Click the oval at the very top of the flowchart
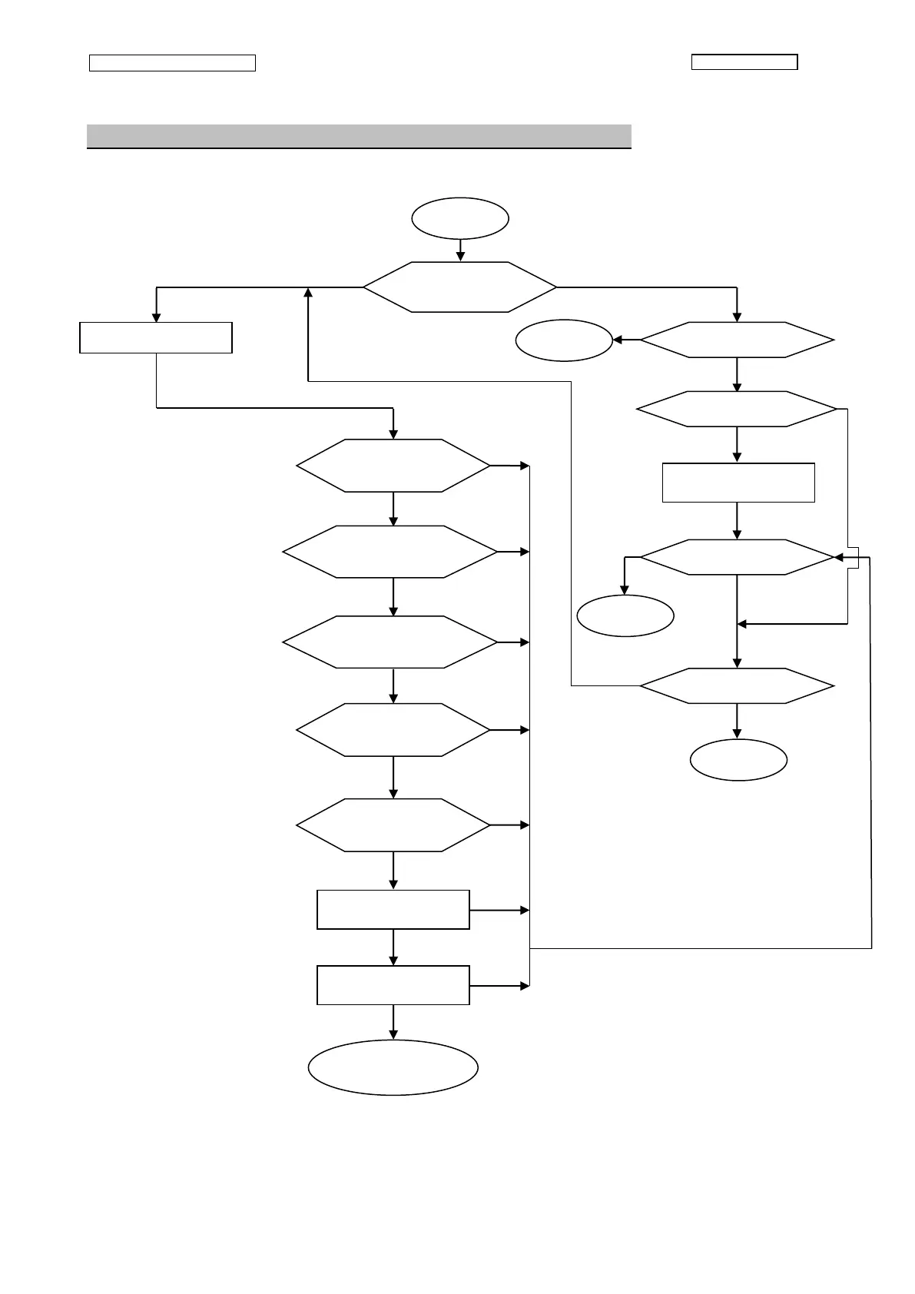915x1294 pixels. tap(459, 218)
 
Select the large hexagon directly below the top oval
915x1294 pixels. tap(459, 287)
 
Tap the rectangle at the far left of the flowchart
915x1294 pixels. tap(156, 337)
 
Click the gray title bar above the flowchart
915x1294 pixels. tap(359, 136)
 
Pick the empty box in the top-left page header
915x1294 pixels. tap(172, 63)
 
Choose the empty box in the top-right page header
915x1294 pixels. tap(744, 62)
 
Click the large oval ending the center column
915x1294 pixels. tap(393, 1067)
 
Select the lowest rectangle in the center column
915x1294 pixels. tap(393, 985)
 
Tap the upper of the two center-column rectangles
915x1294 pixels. tap(393, 910)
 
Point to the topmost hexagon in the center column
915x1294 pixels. tap(393, 466)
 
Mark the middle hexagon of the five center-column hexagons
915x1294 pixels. tap(390, 642)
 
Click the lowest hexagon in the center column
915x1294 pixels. tap(393, 825)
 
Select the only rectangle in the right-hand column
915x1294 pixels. tap(738, 483)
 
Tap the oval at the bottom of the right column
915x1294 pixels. tap(738, 760)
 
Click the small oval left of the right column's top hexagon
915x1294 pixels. tap(563, 340)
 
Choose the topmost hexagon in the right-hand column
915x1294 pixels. tap(737, 340)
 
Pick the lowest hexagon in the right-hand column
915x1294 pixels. tap(737, 685)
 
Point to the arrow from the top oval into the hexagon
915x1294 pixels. tap(459, 251)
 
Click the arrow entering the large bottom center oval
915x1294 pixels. tap(393, 1022)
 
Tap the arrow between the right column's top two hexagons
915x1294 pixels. tap(737, 375)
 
